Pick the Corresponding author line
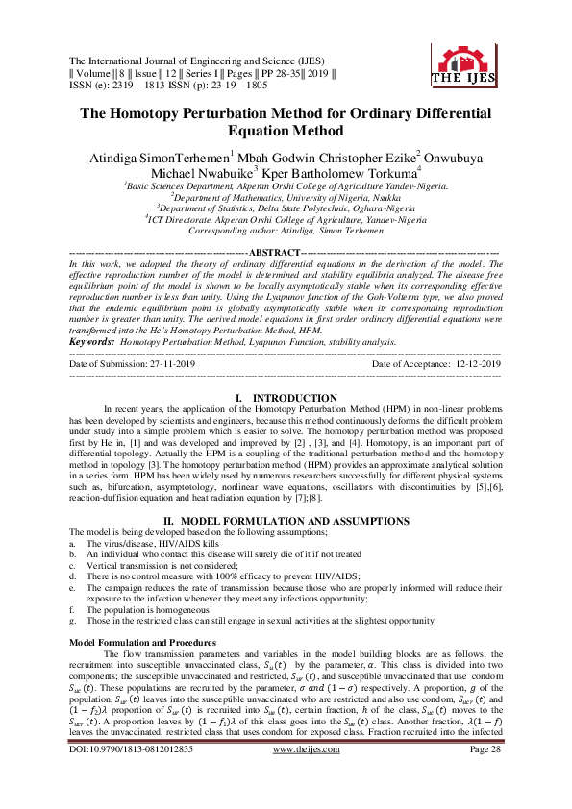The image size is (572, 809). (x=286, y=231)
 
